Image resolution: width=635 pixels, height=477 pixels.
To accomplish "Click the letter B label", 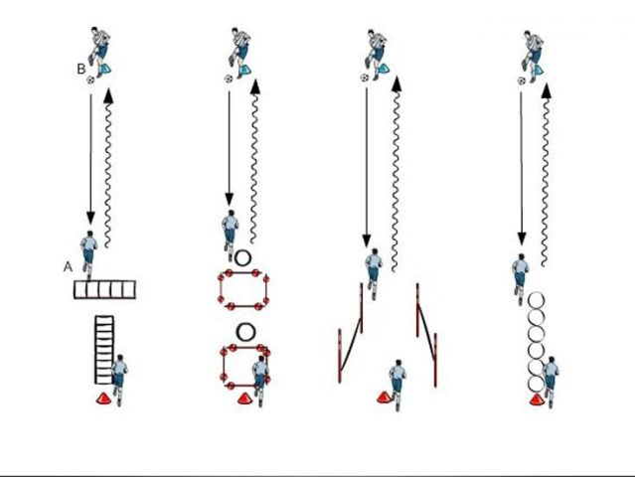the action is click(x=81, y=69).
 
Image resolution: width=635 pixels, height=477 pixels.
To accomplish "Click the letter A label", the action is click(x=68, y=267).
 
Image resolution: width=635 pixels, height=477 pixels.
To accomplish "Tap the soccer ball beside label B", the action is click(x=90, y=80).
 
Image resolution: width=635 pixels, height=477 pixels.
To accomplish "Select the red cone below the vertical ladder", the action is click(x=103, y=398).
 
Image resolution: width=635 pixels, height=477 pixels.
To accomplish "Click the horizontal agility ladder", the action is click(x=104, y=289).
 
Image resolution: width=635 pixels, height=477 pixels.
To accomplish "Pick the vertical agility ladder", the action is click(x=104, y=350).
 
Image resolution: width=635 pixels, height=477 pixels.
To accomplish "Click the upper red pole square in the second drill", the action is click(x=243, y=273).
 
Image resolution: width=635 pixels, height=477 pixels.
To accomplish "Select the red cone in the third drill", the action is click(x=384, y=397).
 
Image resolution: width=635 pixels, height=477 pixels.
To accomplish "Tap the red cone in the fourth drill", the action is click(x=537, y=400).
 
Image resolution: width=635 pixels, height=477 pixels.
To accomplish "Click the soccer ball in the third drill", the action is click(x=365, y=78).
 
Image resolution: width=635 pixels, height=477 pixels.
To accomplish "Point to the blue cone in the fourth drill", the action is click(x=539, y=70).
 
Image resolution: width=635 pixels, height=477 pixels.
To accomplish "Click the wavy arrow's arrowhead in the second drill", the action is click(x=255, y=87).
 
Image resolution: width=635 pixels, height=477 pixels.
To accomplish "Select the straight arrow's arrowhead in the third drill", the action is click(x=367, y=240).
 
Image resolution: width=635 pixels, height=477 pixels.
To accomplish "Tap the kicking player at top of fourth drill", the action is click(x=532, y=56).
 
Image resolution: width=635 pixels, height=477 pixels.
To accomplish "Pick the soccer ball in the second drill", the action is click(x=229, y=79).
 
